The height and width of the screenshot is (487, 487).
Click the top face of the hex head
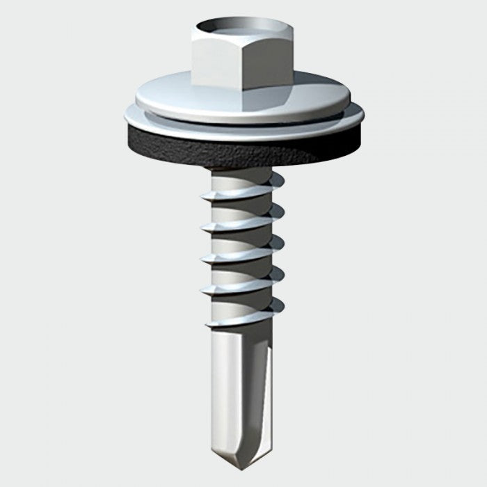click(243, 28)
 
